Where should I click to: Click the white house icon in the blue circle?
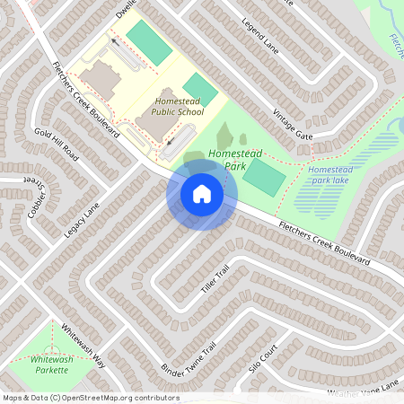tap(202, 193)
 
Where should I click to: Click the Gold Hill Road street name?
tap(57, 145)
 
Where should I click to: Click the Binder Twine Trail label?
tap(189, 359)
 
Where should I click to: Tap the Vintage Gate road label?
tap(293, 123)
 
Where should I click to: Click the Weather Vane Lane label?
tap(363, 389)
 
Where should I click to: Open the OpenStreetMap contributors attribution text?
tap(91, 397)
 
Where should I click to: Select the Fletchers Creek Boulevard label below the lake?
tap(324, 242)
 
